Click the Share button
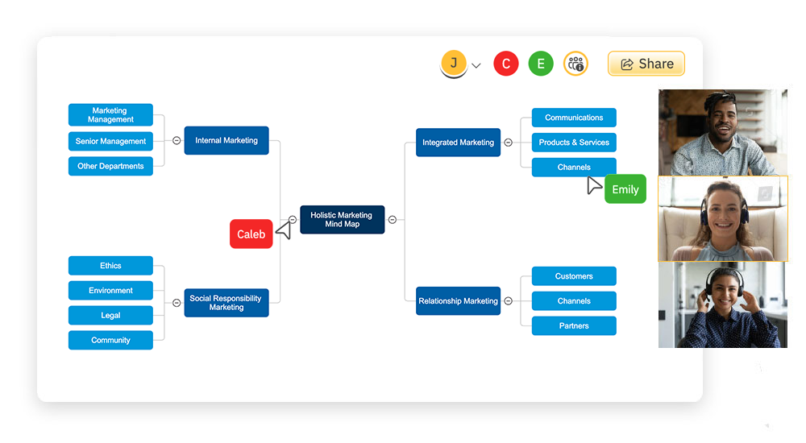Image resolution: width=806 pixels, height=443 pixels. (x=646, y=64)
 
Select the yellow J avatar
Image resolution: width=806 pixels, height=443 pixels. (x=454, y=64)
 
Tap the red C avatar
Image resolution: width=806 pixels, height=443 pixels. (x=506, y=64)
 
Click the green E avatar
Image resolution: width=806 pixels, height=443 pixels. (x=541, y=64)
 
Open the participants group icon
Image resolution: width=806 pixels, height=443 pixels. (x=575, y=64)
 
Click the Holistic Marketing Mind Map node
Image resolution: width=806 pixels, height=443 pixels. (x=342, y=220)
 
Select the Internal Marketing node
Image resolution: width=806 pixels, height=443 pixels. (x=226, y=140)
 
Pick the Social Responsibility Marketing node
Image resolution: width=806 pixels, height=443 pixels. (x=226, y=303)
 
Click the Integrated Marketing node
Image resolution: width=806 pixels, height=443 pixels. (x=458, y=143)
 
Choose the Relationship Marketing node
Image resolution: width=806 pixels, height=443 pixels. (x=458, y=301)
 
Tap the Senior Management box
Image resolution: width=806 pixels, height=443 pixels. (x=110, y=141)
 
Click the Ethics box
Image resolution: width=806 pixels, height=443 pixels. (x=110, y=266)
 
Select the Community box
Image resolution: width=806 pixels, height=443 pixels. (x=110, y=340)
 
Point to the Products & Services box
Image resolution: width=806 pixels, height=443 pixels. (x=574, y=143)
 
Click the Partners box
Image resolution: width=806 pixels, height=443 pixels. (x=574, y=326)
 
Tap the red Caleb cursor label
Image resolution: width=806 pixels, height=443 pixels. (x=251, y=234)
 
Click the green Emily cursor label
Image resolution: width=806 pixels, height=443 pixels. (x=625, y=189)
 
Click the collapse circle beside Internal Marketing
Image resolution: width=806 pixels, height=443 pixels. (x=177, y=140)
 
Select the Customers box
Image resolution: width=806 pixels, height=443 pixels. (x=574, y=276)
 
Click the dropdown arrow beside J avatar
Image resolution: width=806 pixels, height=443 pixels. (x=476, y=65)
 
